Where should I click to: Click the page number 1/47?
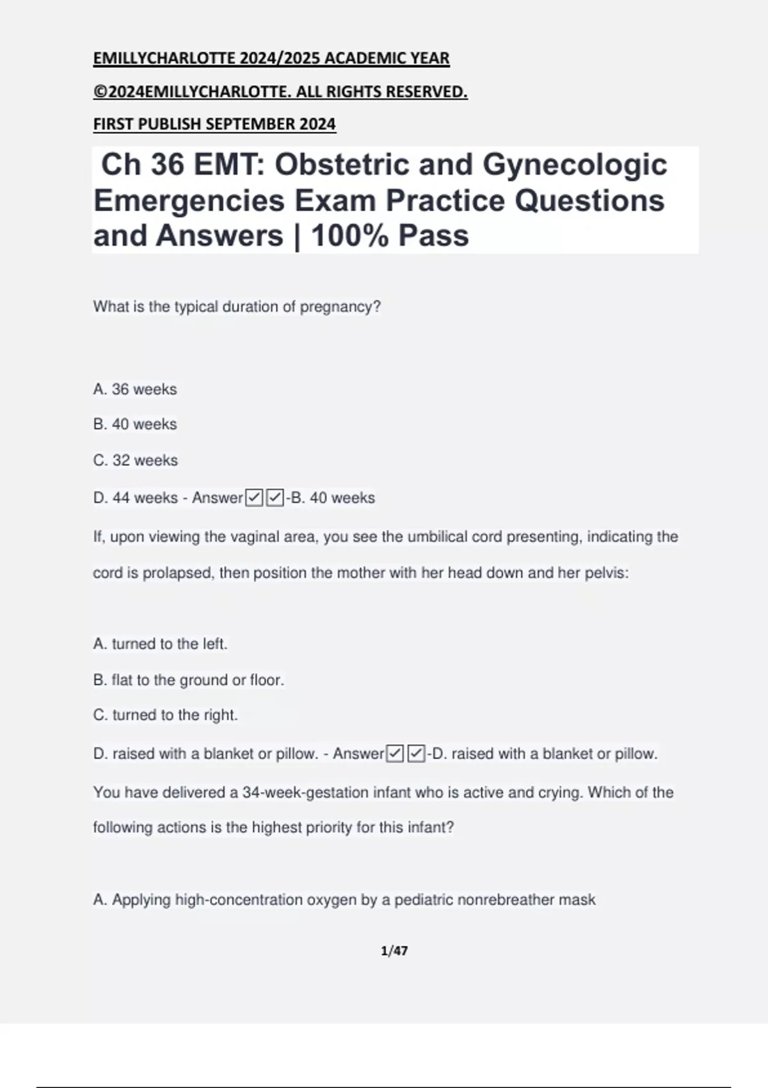pyautogui.click(x=394, y=951)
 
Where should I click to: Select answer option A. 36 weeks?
pyautogui.click(x=135, y=389)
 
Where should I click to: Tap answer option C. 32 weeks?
pyautogui.click(x=136, y=460)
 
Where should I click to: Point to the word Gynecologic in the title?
pyautogui.click(x=574, y=164)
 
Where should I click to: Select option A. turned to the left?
pyautogui.click(x=160, y=644)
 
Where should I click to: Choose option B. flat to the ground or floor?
pyautogui.click(x=188, y=680)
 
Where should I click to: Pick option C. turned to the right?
pyautogui.click(x=165, y=715)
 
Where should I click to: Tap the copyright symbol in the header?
pyautogui.click(x=100, y=92)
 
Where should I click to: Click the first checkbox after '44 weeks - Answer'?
pyautogui.click(x=254, y=497)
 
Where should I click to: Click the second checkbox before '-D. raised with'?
pyautogui.click(x=416, y=753)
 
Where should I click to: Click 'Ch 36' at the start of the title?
pyautogui.click(x=141, y=164)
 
